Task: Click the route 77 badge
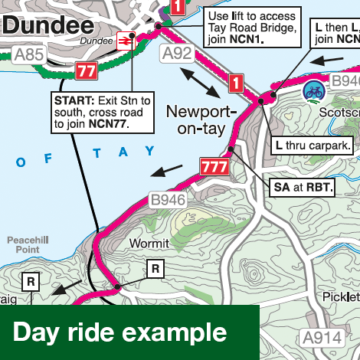[86, 70]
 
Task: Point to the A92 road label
[176, 54]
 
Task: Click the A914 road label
[321, 338]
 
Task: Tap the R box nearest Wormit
[155, 268]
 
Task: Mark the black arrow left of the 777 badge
[167, 169]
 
